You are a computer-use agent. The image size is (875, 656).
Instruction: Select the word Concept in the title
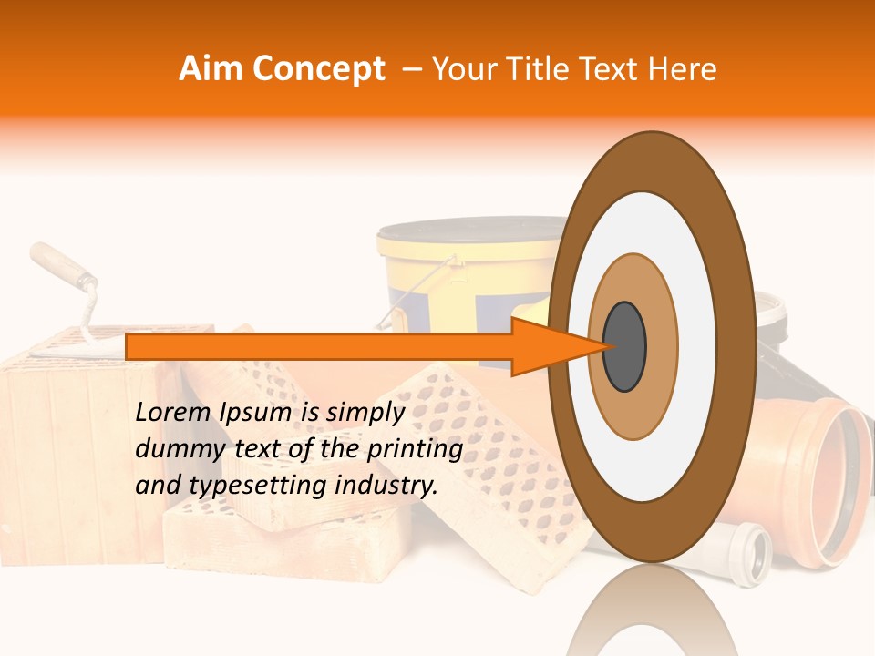pos(318,69)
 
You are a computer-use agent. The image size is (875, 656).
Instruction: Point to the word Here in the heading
pos(683,69)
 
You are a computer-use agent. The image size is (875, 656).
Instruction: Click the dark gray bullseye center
pos(624,346)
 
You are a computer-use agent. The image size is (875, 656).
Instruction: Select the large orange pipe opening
pos(833,479)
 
